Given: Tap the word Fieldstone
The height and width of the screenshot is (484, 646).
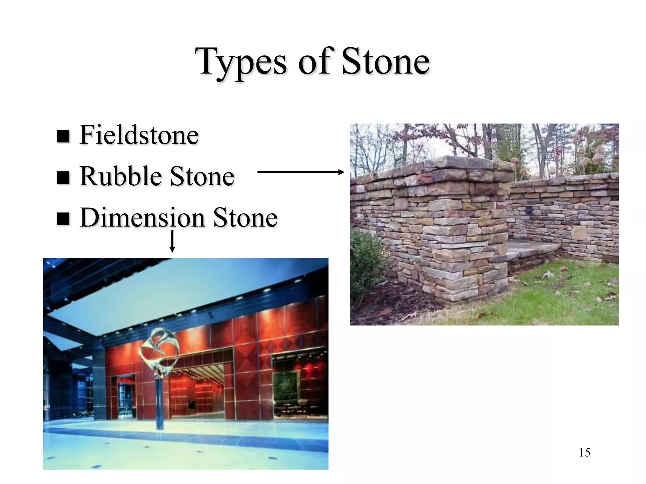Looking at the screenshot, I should pyautogui.click(x=139, y=135).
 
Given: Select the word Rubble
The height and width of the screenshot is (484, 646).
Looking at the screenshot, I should pyautogui.click(x=120, y=176).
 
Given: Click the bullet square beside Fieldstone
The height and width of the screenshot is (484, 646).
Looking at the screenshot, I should pyautogui.click(x=63, y=136).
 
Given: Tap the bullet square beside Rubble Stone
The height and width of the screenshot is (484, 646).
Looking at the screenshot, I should pyautogui.click(x=63, y=178).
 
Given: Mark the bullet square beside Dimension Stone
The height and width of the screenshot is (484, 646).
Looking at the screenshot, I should pyautogui.click(x=63, y=219).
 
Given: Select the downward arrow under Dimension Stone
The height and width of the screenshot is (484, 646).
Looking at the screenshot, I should pyautogui.click(x=172, y=241).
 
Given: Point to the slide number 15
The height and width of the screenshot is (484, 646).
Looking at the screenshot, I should pyautogui.click(x=584, y=452).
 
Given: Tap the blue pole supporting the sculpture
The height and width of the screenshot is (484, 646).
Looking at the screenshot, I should pyautogui.click(x=160, y=403).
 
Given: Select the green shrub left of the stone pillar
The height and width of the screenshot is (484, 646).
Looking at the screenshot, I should pyautogui.click(x=367, y=262).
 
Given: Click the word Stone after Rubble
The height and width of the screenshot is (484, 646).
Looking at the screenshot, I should pyautogui.click(x=202, y=176).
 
